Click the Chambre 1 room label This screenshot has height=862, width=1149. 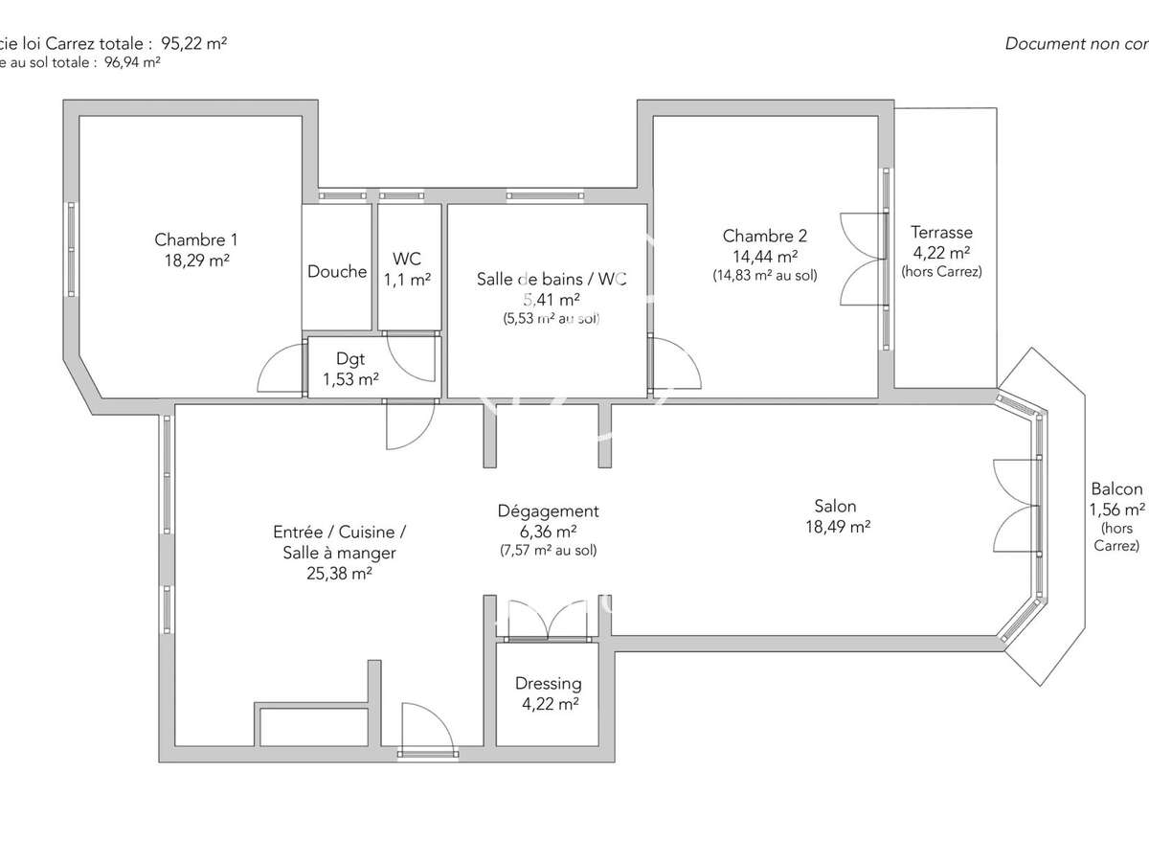195,239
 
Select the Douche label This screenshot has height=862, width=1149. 337,271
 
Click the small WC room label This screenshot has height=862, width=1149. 407,259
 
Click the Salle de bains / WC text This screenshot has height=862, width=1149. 552,279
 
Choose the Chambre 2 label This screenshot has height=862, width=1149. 764,236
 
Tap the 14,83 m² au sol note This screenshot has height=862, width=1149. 764,276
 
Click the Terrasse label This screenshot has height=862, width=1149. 941,232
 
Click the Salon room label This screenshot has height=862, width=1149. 835,506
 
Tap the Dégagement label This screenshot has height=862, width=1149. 548,511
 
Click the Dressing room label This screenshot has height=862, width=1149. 548,684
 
